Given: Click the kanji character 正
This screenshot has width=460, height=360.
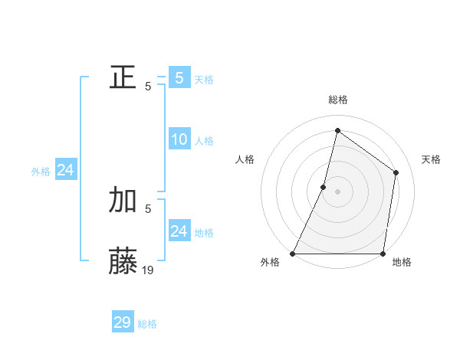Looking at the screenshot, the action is point(123,78).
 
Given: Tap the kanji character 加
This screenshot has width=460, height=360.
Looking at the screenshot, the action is point(123,200).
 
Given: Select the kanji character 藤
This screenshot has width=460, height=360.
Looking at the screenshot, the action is point(123,261).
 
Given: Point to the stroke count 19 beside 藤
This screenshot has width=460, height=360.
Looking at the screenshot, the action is point(148,270).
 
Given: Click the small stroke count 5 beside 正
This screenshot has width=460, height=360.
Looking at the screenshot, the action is point(148,87).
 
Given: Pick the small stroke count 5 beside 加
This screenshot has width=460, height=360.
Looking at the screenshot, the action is point(148,208).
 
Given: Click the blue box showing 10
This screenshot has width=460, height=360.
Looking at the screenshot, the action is point(179,139).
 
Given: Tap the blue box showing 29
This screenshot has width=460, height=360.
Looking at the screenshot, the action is point(123,322).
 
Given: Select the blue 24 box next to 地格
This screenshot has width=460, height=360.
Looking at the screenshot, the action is point(179,231).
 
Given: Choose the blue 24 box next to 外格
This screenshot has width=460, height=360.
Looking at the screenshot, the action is point(66,170).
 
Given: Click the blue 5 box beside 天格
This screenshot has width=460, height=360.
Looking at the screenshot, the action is point(179,78).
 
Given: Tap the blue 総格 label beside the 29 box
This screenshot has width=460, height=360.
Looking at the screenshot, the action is point(147,325).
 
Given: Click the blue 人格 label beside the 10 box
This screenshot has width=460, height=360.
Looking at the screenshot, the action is point(204,141).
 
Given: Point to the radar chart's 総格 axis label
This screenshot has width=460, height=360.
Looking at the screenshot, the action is point(337,100).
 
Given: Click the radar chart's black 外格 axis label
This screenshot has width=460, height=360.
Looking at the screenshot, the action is point(270,263).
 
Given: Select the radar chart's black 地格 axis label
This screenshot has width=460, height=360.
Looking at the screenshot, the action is point(402,263).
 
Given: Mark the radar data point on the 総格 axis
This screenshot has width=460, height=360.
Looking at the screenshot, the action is point(337,130).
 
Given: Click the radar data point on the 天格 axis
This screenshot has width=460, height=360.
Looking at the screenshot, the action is point(396,173).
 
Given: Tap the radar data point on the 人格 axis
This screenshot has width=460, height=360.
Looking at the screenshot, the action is point(324,187).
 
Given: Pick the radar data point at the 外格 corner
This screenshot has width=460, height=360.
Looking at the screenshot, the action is point(293,254).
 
